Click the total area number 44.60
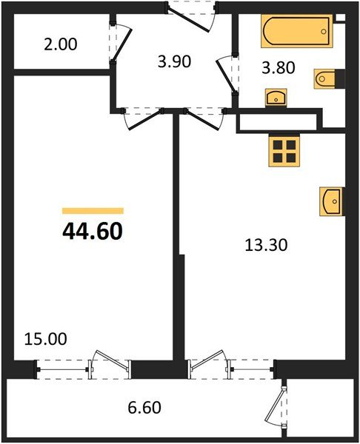[x=93, y=231]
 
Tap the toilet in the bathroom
[x=325, y=77]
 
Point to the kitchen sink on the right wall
[x=330, y=201]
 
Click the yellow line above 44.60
[x=93, y=211]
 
